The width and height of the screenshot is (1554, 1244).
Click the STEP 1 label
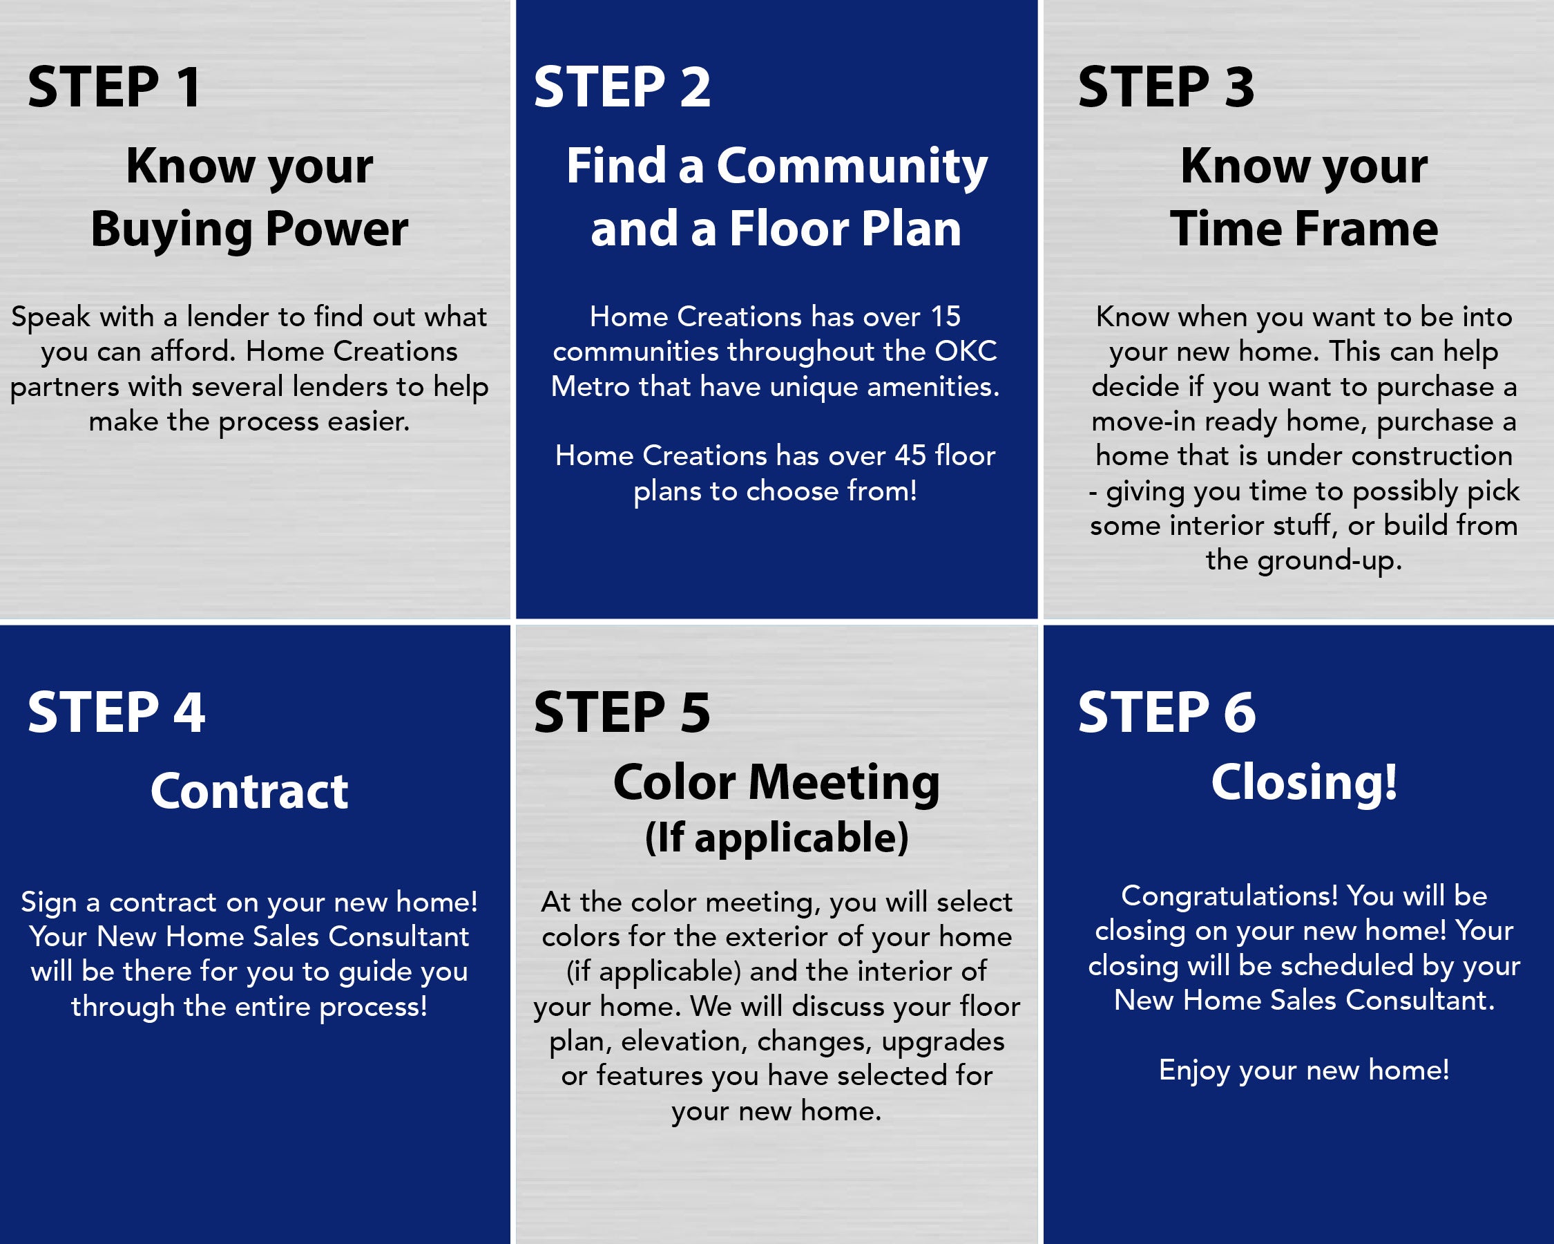click(114, 87)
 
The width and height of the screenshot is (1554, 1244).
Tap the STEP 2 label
click(622, 87)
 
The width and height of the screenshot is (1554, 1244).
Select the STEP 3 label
click(1167, 87)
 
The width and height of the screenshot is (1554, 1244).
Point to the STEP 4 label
click(116, 713)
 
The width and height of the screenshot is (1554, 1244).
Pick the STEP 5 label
click(622, 713)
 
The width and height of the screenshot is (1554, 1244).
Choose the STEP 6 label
click(1167, 713)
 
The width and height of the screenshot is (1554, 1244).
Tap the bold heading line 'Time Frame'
click(1304, 229)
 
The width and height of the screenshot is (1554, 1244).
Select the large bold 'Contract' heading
click(249, 791)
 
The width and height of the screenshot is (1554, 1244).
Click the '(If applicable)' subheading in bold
click(777, 838)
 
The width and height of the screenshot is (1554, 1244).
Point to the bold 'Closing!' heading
click(1304, 783)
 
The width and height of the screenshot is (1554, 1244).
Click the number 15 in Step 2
click(945, 317)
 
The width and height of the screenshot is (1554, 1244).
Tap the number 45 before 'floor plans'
click(910, 455)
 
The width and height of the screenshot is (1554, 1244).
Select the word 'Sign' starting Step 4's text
click(48, 903)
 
